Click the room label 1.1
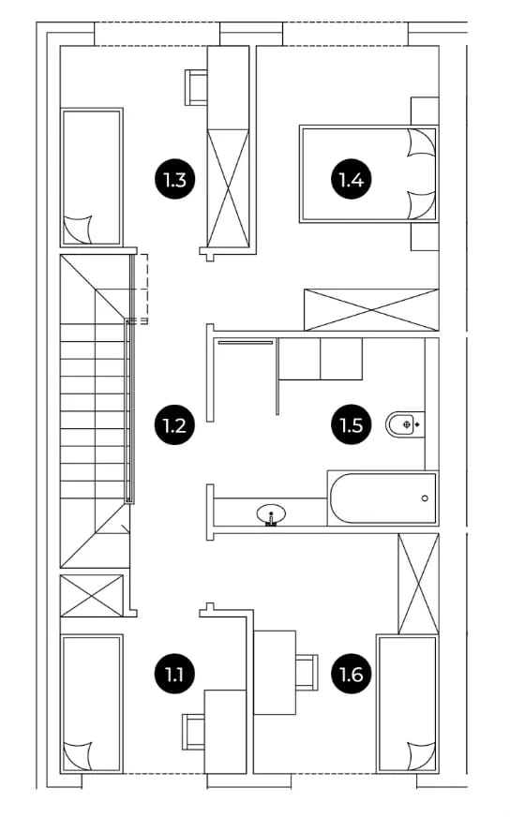(x=174, y=675)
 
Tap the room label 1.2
(x=174, y=425)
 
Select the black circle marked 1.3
(x=174, y=180)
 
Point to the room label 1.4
(x=352, y=180)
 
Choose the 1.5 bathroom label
(x=352, y=425)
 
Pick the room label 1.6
(x=352, y=675)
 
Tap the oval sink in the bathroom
(x=271, y=514)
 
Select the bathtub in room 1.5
(x=383, y=498)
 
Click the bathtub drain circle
(x=425, y=498)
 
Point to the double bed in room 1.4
(x=368, y=174)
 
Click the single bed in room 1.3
(x=92, y=177)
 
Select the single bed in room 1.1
(x=92, y=704)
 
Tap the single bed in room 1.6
(x=407, y=704)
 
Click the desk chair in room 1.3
(x=197, y=87)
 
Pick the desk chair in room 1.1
(x=193, y=732)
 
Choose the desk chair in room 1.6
(x=307, y=673)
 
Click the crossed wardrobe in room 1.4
(x=371, y=310)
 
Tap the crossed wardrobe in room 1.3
(x=229, y=187)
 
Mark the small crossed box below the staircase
(x=92, y=596)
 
